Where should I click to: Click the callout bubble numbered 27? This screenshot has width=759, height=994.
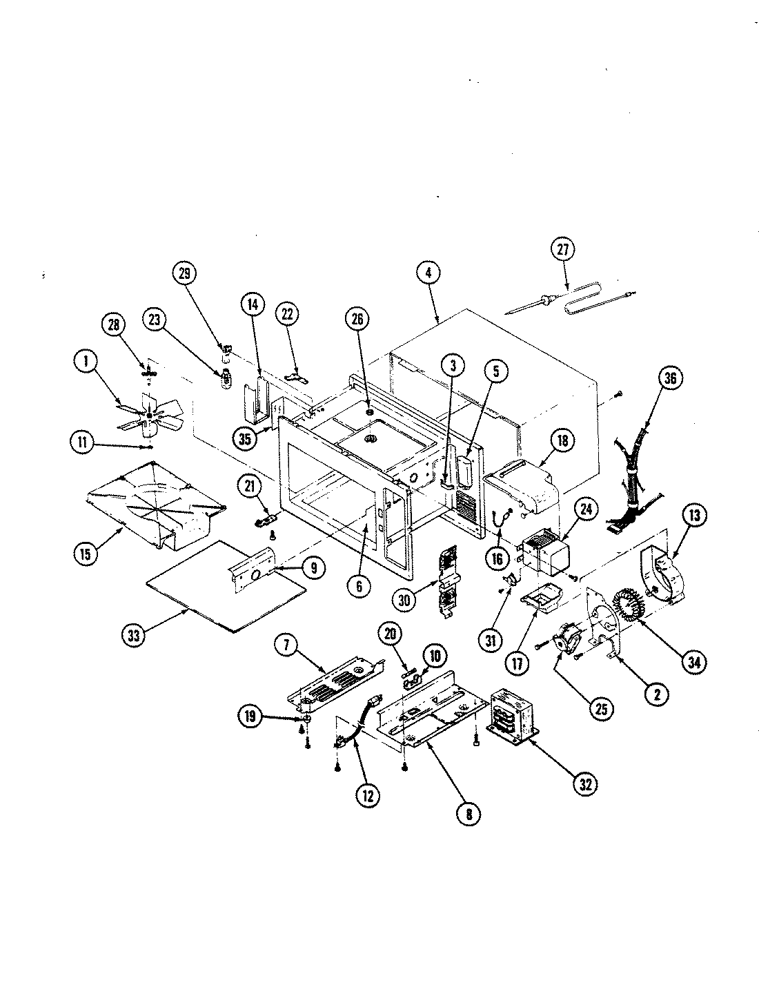562,251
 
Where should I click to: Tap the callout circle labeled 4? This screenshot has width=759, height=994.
428,273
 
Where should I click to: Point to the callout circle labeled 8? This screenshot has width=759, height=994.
469,813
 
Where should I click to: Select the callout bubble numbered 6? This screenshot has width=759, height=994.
359,586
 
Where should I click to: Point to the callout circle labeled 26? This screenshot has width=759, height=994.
357,319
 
